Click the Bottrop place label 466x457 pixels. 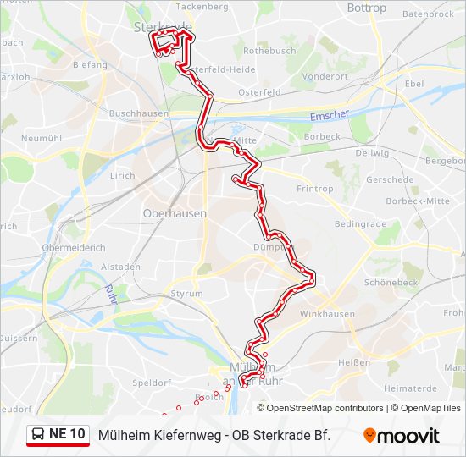point(366,8)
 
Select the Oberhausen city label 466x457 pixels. point(175,214)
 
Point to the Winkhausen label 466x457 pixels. point(326,314)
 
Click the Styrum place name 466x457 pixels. point(186,294)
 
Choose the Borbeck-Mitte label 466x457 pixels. point(417,201)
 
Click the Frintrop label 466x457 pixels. point(315,189)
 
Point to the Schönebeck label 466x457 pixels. point(391,282)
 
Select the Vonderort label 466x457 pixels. point(325,75)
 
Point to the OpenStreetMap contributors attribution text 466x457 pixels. point(325,408)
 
